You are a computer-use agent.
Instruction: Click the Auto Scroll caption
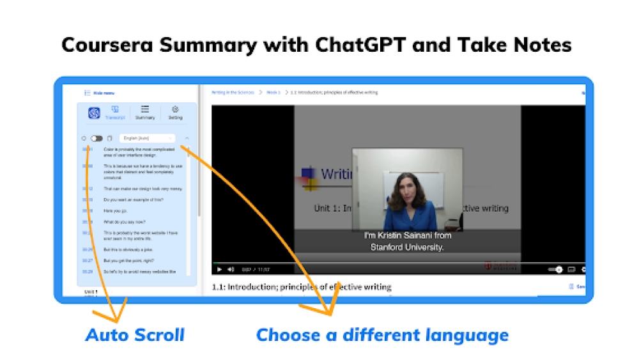pos(135,334)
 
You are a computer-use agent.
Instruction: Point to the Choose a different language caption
pos(382,334)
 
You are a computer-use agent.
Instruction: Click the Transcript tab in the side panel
pos(115,113)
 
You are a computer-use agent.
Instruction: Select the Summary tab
pos(145,113)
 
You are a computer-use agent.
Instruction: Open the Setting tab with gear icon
pos(175,113)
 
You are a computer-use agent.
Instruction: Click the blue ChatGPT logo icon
pos(94,113)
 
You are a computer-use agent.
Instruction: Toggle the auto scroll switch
pos(96,138)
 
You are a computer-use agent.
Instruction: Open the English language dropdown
pos(147,138)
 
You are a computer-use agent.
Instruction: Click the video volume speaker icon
pos(231,269)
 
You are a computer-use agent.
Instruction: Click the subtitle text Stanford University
pos(407,247)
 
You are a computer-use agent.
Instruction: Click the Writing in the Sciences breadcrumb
pos(233,93)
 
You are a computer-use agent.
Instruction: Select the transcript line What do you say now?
pos(124,221)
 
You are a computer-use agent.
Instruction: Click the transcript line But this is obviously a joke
pos(128,249)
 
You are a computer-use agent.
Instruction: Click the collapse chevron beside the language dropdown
pos(187,138)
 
